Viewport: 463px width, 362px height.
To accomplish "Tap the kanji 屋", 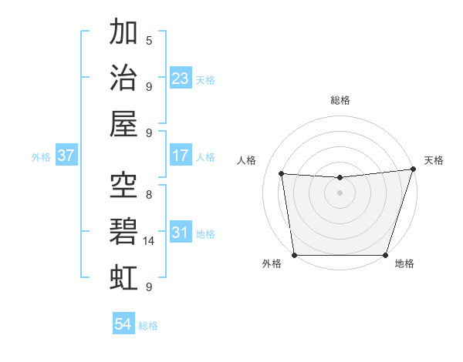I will click(x=124, y=123).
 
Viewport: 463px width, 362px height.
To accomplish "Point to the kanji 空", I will click(x=124, y=184).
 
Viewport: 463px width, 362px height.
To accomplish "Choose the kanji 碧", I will click(x=124, y=230).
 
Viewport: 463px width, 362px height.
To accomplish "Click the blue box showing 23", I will click(x=181, y=79).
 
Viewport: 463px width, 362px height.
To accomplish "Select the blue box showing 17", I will click(x=181, y=156).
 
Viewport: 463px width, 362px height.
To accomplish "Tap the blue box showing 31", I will click(x=181, y=233).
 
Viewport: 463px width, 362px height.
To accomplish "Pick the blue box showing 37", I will click(x=66, y=156).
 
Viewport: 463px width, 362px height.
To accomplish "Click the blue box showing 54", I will click(x=123, y=324).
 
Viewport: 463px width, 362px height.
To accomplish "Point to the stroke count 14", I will click(x=150, y=240).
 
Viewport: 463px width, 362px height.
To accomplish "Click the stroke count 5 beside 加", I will click(x=149, y=40).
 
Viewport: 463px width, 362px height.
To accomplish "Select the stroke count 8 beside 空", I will click(x=149, y=194).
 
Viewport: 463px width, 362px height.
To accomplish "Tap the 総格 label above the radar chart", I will click(x=340, y=100).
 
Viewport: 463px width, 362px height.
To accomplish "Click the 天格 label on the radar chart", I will click(x=434, y=160).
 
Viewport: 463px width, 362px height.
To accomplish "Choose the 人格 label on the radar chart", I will click(x=246, y=160).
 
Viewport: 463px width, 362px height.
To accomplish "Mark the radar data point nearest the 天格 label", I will click(x=413, y=169).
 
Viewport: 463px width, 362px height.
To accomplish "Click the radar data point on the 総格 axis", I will click(x=340, y=177).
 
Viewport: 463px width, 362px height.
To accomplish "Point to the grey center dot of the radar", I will click(x=340, y=193).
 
